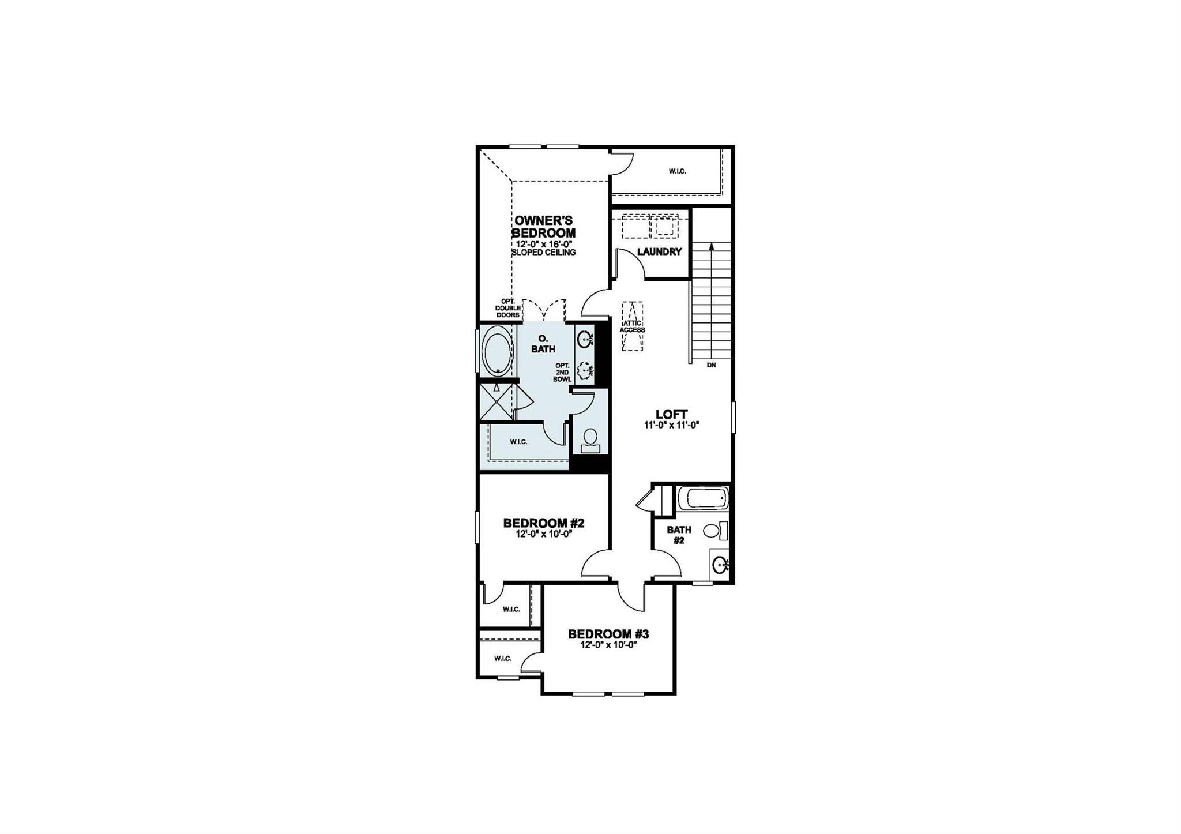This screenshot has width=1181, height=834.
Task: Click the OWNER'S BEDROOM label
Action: coord(544,227)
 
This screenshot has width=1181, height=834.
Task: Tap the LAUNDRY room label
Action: coord(659,251)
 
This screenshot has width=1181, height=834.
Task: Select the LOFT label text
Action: coord(671,414)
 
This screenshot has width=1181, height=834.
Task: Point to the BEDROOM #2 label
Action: coord(544,523)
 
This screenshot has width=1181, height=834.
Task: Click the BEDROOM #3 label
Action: coord(608,634)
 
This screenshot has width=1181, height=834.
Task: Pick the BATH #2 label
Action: coord(679,535)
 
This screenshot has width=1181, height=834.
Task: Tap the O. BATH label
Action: coord(543,344)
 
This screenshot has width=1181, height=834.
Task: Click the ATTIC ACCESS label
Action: coord(632,326)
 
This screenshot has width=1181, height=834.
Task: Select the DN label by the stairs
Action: coord(711,365)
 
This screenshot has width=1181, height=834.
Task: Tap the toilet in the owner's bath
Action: coord(589,441)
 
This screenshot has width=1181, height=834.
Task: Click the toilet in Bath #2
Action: coord(715,530)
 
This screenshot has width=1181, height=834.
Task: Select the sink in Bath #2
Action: coord(720,564)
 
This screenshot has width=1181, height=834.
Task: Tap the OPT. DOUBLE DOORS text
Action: coord(507,308)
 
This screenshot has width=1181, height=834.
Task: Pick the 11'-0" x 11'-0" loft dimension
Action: coord(671,425)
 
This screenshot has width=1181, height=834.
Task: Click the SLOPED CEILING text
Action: coord(544,252)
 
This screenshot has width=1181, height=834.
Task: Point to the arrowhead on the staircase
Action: coord(712,246)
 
